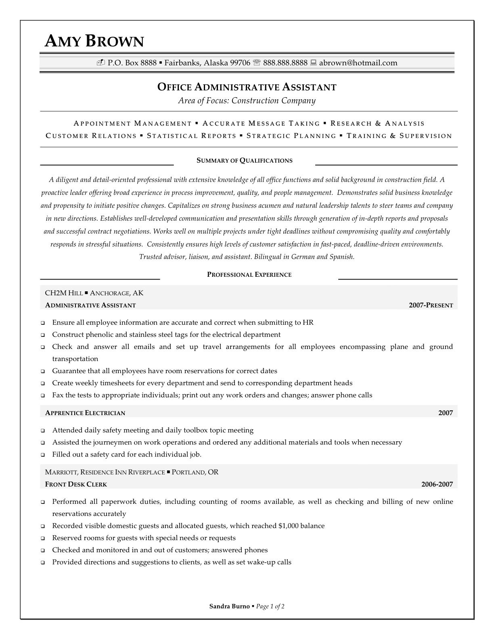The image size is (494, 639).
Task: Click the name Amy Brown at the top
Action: [x=94, y=41]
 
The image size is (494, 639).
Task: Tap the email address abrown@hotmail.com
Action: [x=358, y=63]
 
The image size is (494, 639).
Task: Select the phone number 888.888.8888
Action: [x=285, y=63]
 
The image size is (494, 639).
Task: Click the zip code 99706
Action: [x=240, y=63]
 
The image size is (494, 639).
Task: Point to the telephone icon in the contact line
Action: [x=257, y=63]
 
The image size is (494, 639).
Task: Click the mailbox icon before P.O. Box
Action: [x=100, y=63]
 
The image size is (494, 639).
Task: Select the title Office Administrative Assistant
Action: [x=247, y=87]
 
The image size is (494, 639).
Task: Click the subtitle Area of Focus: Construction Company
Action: [x=247, y=101]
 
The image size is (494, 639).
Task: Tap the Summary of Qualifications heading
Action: [x=244, y=161]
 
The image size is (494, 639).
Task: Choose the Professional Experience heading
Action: [x=249, y=275]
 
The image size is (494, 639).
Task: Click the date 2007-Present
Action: [x=431, y=305]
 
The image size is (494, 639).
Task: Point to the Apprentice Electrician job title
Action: [x=85, y=413]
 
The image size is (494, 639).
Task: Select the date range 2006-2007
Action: [x=437, y=484]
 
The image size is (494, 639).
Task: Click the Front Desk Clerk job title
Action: [x=76, y=484]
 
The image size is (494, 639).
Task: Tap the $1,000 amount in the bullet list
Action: [x=289, y=526]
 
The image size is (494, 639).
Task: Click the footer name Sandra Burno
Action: [x=230, y=606]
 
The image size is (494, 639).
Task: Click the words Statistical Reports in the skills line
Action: [x=191, y=136]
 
